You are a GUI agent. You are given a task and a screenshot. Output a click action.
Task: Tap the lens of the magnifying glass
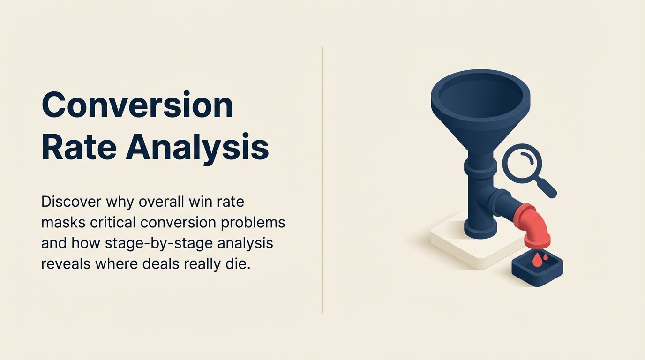pos(522,163)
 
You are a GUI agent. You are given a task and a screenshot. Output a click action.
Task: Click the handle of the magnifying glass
pos(547,188)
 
